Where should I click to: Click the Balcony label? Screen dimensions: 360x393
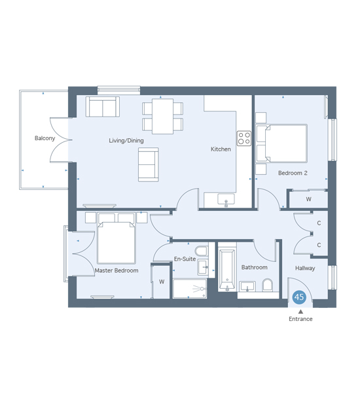45,138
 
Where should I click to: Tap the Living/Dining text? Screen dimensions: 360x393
126,140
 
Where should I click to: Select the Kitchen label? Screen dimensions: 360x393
221,149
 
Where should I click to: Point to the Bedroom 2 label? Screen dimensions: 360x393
293,173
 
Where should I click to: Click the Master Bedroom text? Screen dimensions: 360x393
117,271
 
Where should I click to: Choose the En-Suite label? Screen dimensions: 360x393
185,259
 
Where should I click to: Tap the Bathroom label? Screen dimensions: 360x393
254,267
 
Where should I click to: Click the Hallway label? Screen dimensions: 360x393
305,268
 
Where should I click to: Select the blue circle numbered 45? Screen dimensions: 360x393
299,297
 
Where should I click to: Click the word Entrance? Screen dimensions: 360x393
300,319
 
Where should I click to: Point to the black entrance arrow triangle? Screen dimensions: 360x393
300,312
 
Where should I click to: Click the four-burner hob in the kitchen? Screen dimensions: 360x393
244,138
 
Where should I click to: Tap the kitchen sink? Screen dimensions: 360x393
226,200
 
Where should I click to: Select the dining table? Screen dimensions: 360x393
162,117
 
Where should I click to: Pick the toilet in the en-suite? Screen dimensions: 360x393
202,252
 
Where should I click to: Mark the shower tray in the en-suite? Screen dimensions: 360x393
190,288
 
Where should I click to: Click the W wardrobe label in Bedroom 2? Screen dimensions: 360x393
309,199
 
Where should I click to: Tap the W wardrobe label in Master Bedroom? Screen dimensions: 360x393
162,282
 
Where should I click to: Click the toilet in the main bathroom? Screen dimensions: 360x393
268,285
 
